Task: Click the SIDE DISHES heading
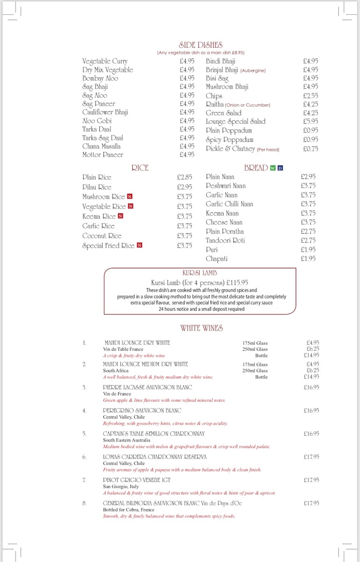201,45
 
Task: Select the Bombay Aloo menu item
100,78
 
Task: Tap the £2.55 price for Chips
310,96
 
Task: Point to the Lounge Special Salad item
235,121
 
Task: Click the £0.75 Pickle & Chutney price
310,148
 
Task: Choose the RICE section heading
140,168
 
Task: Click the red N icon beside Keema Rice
120,216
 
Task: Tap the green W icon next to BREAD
273,168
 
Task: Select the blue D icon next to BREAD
280,168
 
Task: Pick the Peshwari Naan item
225,185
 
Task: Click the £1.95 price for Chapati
308,259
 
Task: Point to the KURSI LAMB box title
200,273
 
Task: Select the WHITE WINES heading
201,328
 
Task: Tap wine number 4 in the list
84,411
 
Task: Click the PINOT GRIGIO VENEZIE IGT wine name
137,480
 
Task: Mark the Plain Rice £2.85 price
185,177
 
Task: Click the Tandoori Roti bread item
225,240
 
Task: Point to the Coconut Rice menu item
102,236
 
